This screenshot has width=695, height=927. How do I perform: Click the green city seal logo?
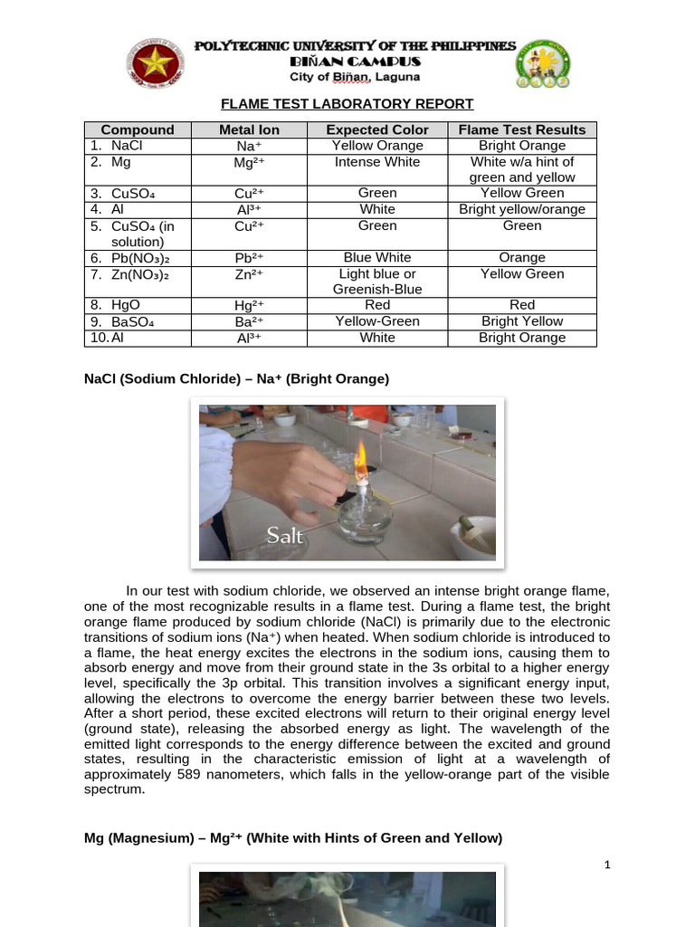coord(543,63)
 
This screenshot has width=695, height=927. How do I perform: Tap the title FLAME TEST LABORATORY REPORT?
coord(348,104)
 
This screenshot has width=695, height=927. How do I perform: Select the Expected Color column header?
coord(377,129)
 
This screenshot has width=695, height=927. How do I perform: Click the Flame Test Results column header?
coord(522,129)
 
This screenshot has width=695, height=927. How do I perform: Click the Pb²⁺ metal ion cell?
coord(249,258)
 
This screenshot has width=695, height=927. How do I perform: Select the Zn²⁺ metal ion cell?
coord(249,274)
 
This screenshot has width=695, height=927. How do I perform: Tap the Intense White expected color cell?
coord(377,162)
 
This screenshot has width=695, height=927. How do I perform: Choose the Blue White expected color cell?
coord(377,258)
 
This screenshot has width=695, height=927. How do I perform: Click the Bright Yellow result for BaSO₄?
coord(522,321)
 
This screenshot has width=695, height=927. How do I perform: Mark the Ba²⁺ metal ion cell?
coord(249,321)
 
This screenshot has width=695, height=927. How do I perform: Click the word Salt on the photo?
coord(284,536)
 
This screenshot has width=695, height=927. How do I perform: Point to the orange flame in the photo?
coord(359,454)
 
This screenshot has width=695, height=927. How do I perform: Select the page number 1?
coord(607,865)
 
